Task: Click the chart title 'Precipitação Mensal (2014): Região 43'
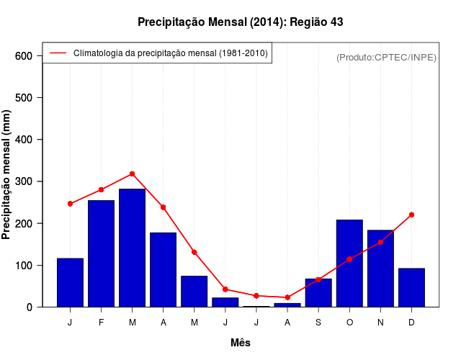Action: pyautogui.click(x=240, y=22)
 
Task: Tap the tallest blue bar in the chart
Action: pyautogui.click(x=132, y=248)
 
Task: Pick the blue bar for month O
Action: pyautogui.click(x=349, y=264)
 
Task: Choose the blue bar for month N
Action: pyautogui.click(x=380, y=269)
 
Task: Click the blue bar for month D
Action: pyautogui.click(x=411, y=287)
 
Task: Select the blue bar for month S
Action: pyautogui.click(x=318, y=292)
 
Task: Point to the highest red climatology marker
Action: pyautogui.click(x=132, y=174)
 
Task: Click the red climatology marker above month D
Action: pyautogui.click(x=411, y=215)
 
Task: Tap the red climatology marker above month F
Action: pyautogui.click(x=101, y=189)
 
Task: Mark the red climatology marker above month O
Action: pyautogui.click(x=349, y=259)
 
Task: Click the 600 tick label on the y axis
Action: pyautogui.click(x=24, y=56)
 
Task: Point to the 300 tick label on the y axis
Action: pyautogui.click(x=24, y=181)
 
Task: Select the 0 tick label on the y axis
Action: pyautogui.click(x=29, y=307)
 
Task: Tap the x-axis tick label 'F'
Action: pyautogui.click(x=101, y=323)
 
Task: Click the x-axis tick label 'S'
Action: pyautogui.click(x=318, y=323)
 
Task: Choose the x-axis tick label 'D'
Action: pyautogui.click(x=411, y=323)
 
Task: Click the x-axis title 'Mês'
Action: pyautogui.click(x=241, y=343)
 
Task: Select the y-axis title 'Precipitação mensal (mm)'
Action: pyautogui.click(x=6, y=175)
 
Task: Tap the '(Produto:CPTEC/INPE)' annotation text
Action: pyautogui.click(x=386, y=57)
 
